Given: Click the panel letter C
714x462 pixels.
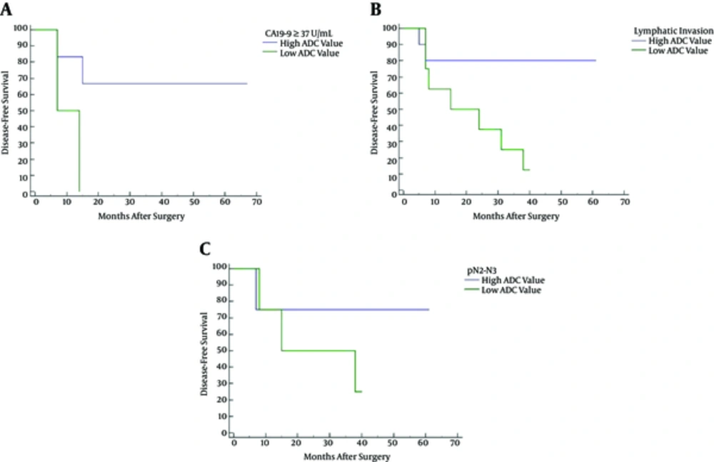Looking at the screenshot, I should click(x=205, y=250).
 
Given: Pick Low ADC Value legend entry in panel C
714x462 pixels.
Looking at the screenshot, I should click(x=511, y=290).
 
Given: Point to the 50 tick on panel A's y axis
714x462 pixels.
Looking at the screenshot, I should click(x=24, y=111).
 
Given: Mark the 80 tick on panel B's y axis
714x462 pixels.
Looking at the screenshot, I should click(x=393, y=61).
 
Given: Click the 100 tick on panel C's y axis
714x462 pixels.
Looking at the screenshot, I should click(x=221, y=267).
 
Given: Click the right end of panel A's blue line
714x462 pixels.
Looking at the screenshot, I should click(x=247, y=84).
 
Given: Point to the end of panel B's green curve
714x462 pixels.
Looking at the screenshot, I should click(x=529, y=170).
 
